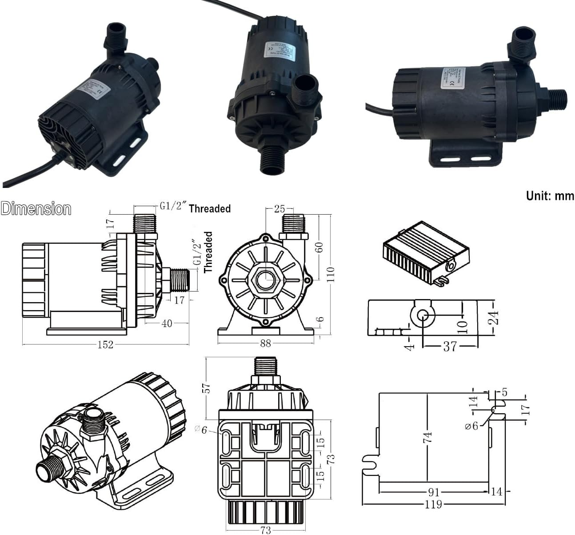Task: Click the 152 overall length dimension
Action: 105,344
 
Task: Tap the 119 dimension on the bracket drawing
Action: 433,504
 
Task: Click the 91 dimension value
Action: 434,492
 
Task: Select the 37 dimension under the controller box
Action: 450,346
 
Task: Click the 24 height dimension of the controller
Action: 493,318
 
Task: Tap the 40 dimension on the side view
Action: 167,323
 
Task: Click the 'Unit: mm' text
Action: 550,196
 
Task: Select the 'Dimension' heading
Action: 36,209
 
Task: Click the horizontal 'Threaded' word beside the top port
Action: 210,208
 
